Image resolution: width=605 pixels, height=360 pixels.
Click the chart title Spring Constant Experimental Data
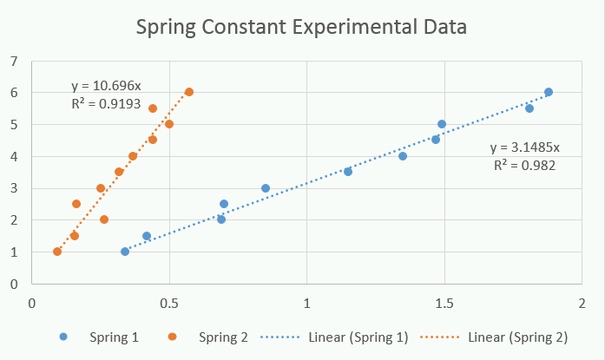point(301,28)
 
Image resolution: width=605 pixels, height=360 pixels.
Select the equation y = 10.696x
point(106,86)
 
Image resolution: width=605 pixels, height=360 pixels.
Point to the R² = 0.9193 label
point(106,104)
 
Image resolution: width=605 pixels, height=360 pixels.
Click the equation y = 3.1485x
point(525,147)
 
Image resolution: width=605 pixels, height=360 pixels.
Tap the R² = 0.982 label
point(525,166)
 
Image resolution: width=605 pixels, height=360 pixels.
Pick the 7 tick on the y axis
point(14,61)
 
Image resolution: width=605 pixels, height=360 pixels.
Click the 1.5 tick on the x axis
point(444,304)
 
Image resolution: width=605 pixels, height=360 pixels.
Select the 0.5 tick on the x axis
point(169,304)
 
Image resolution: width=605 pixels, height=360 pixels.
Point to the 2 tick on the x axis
point(582,304)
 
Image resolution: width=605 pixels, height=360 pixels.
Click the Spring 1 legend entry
point(99,337)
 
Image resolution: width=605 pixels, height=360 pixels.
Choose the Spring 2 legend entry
point(208,337)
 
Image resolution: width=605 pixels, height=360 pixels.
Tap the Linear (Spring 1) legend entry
point(334,337)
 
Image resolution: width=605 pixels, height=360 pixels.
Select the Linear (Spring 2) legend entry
point(494,337)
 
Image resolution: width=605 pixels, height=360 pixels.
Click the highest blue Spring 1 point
point(549,92)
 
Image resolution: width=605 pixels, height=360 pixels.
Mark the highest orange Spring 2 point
point(189,92)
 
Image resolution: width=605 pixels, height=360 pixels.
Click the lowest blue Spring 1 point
point(125,252)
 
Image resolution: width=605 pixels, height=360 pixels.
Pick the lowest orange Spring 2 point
point(57,252)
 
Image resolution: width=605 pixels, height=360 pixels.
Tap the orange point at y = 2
point(104,219)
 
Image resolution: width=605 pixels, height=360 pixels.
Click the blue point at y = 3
point(266,188)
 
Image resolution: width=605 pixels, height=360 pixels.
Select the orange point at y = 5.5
point(153,108)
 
